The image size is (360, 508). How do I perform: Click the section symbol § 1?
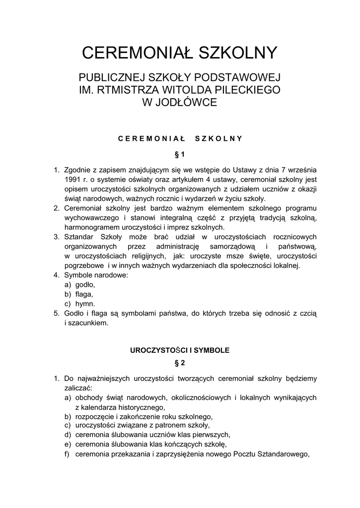(x=180, y=154)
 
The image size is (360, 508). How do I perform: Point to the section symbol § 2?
(x=180, y=363)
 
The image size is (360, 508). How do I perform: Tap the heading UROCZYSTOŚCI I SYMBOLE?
(x=180, y=350)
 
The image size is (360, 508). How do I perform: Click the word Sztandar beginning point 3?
(x=80, y=237)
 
